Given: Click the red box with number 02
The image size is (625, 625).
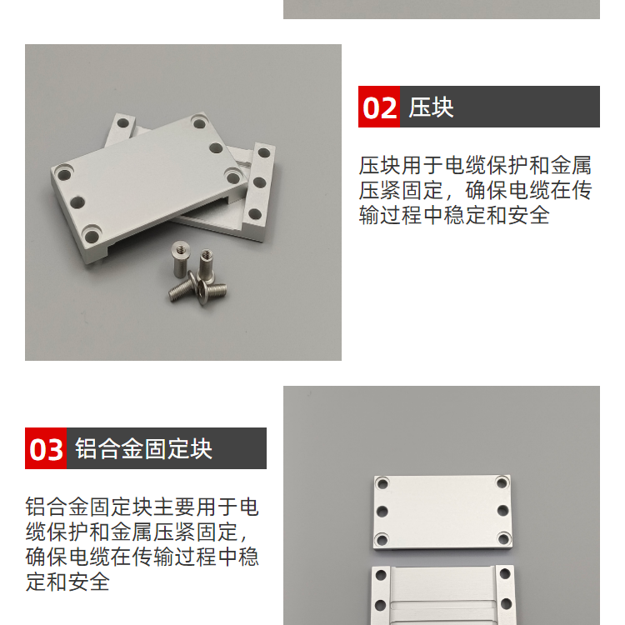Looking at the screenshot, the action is click(x=378, y=107).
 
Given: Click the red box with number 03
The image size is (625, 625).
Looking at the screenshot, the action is click(x=46, y=448).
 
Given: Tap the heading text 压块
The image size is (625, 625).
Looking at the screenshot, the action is click(x=431, y=107).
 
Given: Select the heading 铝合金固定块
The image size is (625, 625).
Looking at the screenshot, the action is click(x=143, y=449).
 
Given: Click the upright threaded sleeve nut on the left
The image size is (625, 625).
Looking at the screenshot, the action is click(x=180, y=258).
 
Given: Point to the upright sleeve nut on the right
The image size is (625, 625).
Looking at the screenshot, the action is click(x=207, y=264).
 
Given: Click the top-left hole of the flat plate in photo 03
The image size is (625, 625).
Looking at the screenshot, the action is click(x=382, y=484).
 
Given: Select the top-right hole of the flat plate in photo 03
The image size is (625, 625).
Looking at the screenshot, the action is click(x=502, y=483).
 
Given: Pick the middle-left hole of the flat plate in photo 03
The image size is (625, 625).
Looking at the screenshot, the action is click(x=382, y=511).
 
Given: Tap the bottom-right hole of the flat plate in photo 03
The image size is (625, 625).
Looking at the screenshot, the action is click(x=503, y=539).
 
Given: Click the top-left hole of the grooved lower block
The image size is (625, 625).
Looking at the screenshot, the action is click(x=381, y=576).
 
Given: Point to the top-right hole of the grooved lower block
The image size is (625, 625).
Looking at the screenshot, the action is click(x=505, y=574).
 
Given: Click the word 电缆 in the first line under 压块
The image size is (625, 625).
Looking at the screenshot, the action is click(x=465, y=166).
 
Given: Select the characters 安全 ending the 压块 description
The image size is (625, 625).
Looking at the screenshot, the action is click(x=529, y=215).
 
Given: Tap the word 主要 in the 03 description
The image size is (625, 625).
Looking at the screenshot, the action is click(x=175, y=507).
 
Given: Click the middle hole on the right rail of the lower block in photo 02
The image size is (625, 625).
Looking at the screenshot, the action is click(x=259, y=183).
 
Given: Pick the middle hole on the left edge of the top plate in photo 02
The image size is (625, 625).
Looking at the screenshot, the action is click(x=77, y=202).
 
